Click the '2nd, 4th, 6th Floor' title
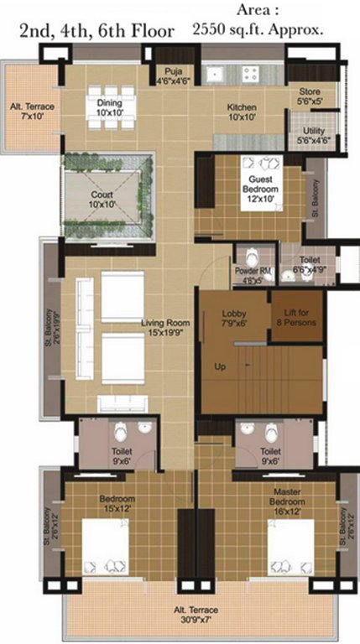pyautogui.click(x=97, y=31)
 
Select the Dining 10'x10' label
pyautogui.click(x=109, y=107)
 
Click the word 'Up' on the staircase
pyautogui.click(x=221, y=367)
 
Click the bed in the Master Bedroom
pyautogui.click(x=290, y=550)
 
